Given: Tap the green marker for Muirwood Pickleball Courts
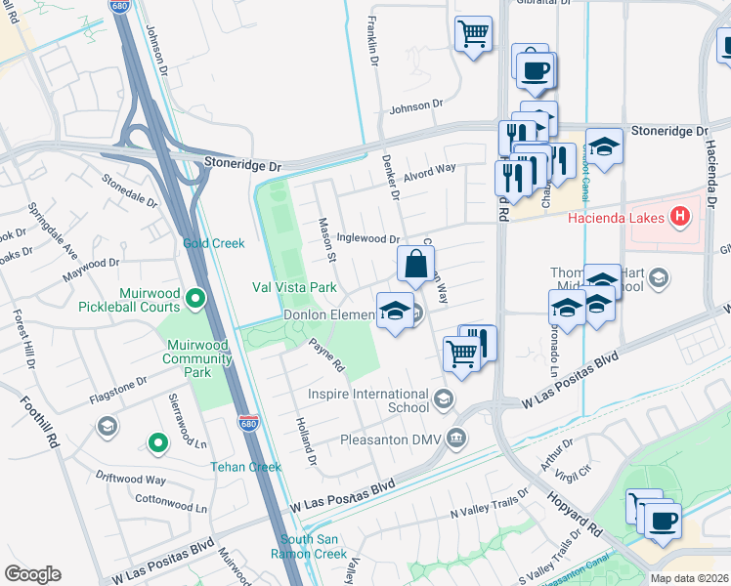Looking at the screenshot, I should pos(195,297).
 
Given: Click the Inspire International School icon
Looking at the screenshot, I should pos(444,398).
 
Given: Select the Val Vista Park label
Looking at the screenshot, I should pos(294,287).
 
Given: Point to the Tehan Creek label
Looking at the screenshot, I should pos(246,467).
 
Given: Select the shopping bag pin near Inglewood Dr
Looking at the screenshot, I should pos(415,263).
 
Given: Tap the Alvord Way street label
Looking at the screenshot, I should pos(430,168).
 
